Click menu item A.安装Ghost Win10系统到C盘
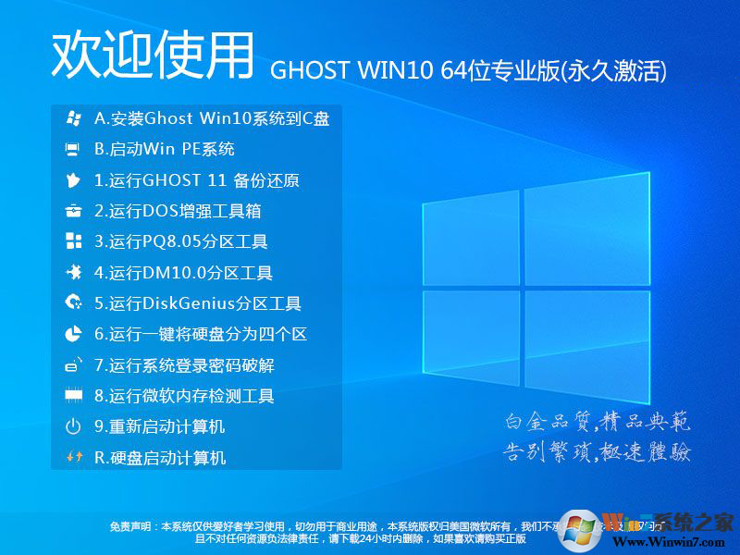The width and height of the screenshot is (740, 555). tap(212, 118)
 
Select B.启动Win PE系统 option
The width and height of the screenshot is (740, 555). tap(165, 149)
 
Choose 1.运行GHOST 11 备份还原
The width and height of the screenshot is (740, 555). tap(196, 180)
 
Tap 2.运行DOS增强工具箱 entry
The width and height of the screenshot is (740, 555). tap(178, 211)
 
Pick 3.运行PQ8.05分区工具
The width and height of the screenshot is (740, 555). tap(181, 242)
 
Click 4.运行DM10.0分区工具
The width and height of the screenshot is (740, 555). tap(183, 273)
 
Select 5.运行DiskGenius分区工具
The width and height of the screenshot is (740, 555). tap(198, 303)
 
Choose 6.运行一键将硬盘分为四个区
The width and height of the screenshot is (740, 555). tap(200, 334)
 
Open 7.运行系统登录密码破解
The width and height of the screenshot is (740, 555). tap(184, 365)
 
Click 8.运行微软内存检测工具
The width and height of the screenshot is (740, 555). tap(184, 396)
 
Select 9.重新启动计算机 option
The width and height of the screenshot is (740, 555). tap(159, 426)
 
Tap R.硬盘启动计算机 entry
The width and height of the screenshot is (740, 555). tap(160, 457)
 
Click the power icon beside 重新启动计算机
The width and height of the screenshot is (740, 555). tap(73, 426)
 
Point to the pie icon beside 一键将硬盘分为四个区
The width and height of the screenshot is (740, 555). tap(73, 334)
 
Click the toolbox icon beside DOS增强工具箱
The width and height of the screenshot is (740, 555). tap(73, 211)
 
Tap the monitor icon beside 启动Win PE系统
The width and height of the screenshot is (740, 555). tap(73, 149)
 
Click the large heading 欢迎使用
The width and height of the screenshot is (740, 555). tap(153, 55)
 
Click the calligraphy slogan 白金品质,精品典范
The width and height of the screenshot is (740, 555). tap(597, 423)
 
